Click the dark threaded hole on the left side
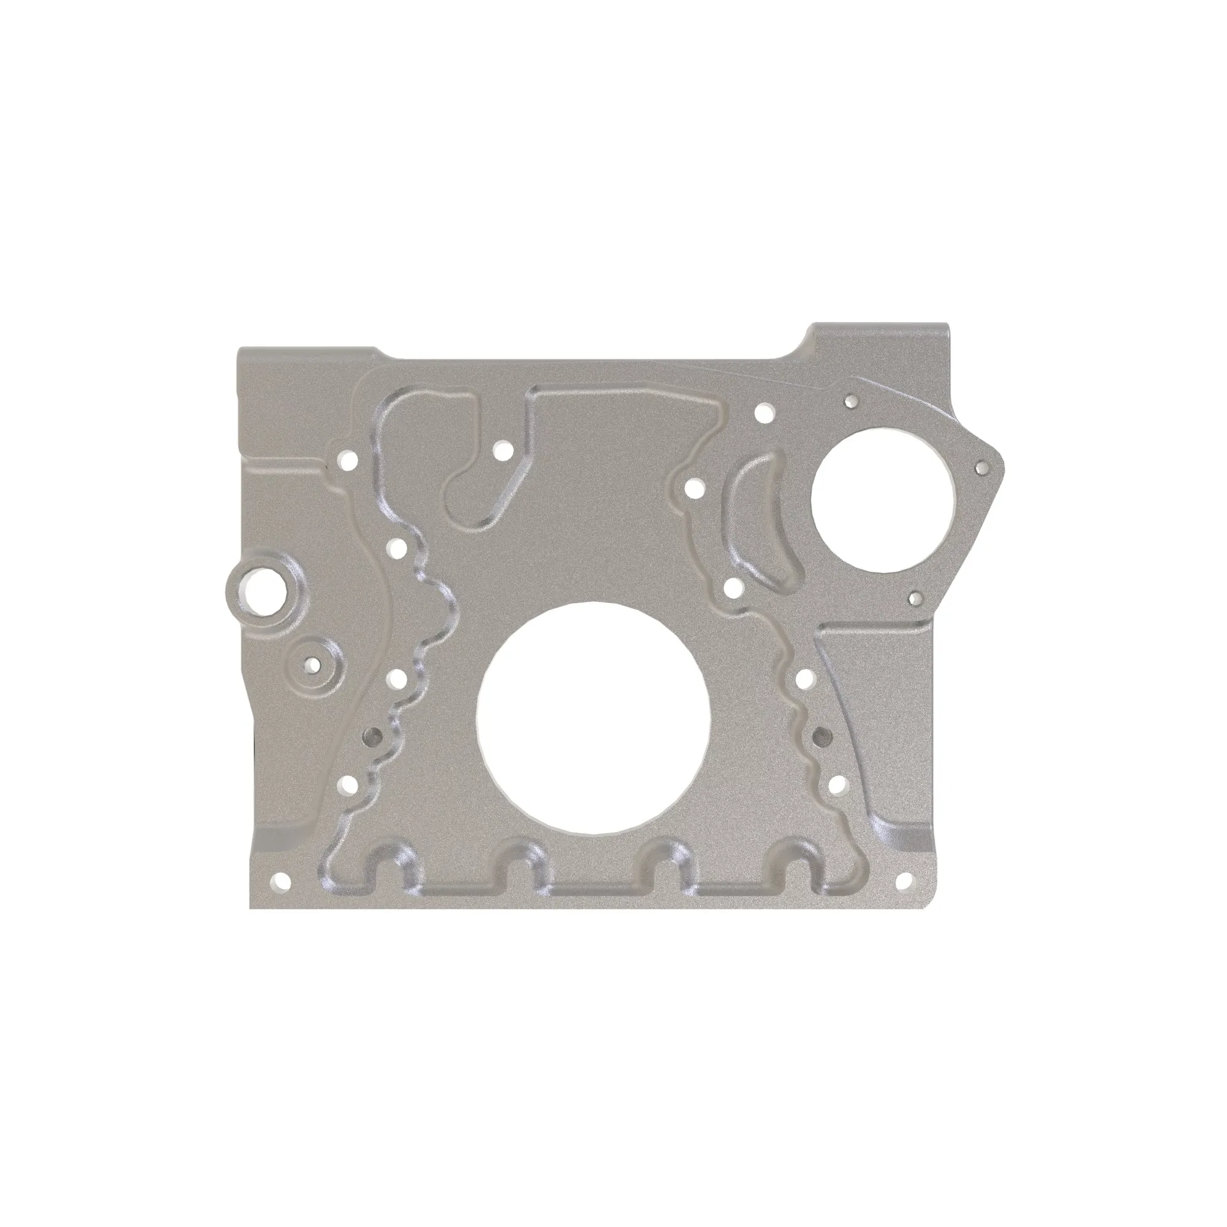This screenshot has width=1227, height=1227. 372,736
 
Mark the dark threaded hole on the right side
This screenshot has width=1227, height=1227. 824,736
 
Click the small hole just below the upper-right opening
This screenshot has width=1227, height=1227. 915,598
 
